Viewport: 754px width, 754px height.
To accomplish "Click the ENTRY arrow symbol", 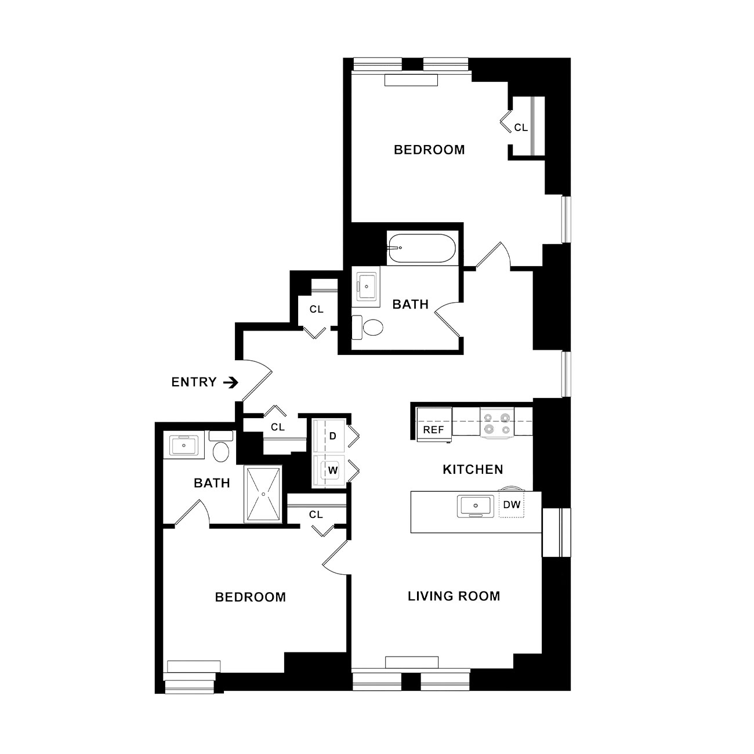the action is (x=231, y=382).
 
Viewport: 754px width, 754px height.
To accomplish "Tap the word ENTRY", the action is (x=194, y=382).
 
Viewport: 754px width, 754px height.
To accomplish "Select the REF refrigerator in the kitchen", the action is (x=434, y=424).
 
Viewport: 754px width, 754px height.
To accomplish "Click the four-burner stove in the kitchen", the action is (x=497, y=422).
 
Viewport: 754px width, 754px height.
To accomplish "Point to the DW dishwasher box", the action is (x=512, y=505).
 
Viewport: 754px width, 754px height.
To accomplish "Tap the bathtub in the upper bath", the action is (x=422, y=248).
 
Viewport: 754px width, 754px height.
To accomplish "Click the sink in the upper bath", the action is (x=366, y=287).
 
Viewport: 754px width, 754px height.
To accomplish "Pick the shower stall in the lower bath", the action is (x=263, y=494).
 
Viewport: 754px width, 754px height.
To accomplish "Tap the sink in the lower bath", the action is (x=183, y=444).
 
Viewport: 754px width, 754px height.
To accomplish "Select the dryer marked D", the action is (x=329, y=436).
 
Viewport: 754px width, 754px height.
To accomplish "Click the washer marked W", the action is (x=329, y=471).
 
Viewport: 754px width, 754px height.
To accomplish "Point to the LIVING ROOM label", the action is (x=454, y=596).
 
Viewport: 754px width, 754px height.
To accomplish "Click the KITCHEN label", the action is (x=473, y=470).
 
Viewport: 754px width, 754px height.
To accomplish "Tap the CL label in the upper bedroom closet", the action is (x=521, y=128).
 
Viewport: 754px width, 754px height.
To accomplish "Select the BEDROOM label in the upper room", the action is (x=429, y=150).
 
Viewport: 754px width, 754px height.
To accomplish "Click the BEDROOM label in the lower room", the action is (x=251, y=597).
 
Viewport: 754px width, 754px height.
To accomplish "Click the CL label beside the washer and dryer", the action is (x=278, y=427).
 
